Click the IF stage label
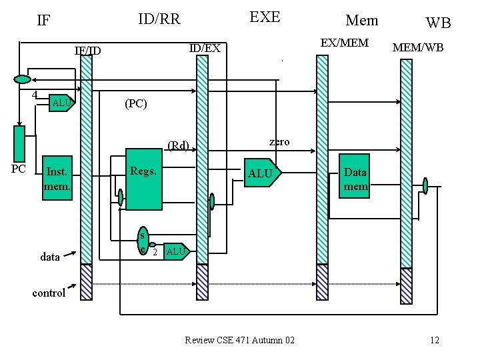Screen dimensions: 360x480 point(43,20)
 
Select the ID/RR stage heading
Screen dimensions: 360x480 point(159,19)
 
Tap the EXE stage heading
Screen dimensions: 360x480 point(265,17)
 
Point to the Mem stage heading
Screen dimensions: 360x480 point(361,20)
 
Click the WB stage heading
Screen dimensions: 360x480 point(438,23)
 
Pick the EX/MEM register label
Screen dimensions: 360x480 point(344,43)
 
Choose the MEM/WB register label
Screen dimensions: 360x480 point(418,47)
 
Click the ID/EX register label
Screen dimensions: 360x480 point(205,48)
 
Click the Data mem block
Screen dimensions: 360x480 point(355,179)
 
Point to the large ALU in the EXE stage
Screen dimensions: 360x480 point(261,173)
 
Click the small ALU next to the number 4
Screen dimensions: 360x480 point(61,103)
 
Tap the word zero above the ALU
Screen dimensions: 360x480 point(279,141)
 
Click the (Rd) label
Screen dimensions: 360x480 point(178,145)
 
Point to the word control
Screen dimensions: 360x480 point(49,293)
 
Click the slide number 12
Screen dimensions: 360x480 point(434,341)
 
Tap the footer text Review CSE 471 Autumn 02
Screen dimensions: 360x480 point(239,341)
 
